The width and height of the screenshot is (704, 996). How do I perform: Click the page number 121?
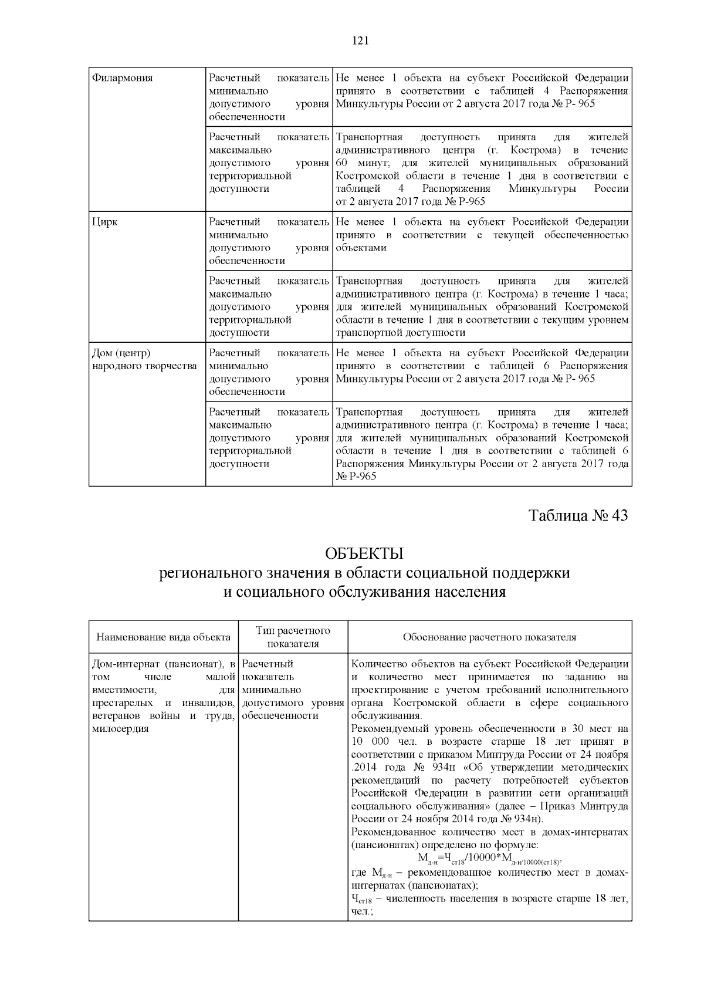360,40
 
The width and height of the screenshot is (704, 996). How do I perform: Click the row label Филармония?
123,78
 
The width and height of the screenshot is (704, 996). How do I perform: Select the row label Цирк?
105,222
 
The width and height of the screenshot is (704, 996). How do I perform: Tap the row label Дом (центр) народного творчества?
144,359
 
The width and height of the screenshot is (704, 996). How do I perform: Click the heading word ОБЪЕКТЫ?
364,553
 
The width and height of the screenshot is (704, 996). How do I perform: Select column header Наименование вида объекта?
163,637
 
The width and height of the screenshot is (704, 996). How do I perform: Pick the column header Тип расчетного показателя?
293,637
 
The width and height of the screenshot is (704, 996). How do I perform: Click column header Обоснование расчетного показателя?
489,637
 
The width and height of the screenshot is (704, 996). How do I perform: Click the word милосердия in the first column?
120,728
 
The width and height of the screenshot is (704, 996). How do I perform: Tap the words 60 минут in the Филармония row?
357,163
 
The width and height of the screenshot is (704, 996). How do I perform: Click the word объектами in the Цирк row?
361,248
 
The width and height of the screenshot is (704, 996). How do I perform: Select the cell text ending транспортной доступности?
400,333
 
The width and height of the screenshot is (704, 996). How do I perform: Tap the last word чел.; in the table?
362,911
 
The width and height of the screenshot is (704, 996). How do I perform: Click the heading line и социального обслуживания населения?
364,592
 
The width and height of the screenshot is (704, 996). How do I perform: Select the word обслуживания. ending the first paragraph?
386,715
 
